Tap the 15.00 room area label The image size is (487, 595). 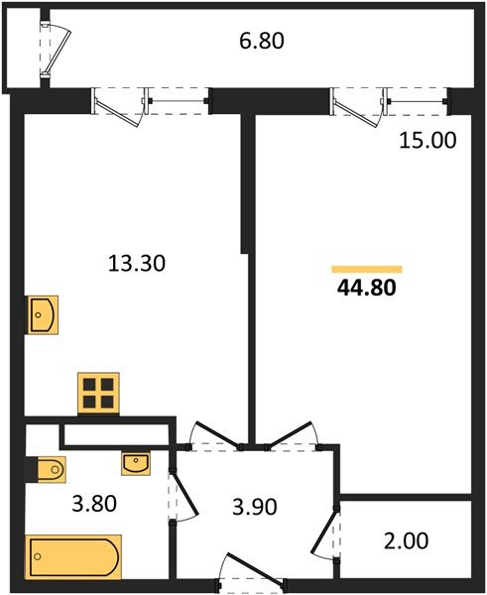(x=427, y=141)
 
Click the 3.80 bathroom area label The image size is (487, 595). (x=94, y=503)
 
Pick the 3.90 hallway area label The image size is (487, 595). (x=253, y=507)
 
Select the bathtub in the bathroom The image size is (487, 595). (x=74, y=555)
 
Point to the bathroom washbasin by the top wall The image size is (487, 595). (x=136, y=461)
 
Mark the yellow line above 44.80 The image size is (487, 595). (x=366, y=269)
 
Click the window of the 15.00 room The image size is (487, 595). (x=389, y=101)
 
